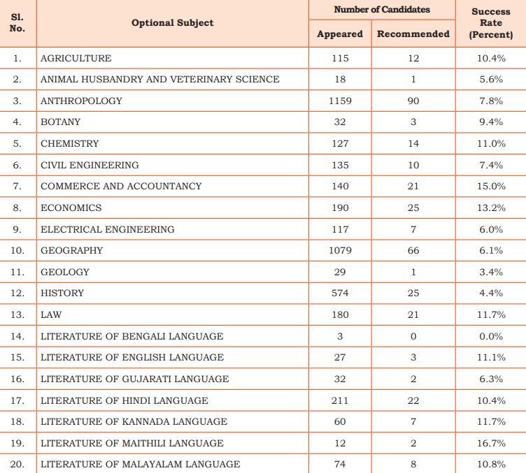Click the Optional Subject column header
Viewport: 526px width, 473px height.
click(173, 23)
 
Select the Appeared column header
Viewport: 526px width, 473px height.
click(340, 34)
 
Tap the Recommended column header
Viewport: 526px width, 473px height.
click(413, 34)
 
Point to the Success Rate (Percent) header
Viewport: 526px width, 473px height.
click(491, 23)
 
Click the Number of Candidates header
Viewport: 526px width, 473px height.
click(382, 9)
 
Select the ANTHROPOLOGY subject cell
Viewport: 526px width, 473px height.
click(81, 101)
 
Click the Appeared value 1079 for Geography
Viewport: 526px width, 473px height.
click(340, 250)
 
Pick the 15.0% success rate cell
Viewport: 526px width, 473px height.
click(491, 186)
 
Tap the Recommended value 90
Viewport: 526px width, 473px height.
click(413, 101)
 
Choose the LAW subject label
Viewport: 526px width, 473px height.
click(51, 314)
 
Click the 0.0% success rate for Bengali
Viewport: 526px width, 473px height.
click(491, 336)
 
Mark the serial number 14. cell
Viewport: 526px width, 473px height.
click(17, 336)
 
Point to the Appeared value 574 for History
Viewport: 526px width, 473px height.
click(340, 293)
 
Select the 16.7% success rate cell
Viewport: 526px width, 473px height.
click(491, 443)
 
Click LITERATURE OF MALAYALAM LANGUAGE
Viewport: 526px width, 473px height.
click(140, 464)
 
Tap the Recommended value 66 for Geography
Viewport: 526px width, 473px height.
click(413, 250)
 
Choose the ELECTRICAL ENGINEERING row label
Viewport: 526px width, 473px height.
click(107, 229)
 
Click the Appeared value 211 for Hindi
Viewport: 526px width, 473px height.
click(340, 400)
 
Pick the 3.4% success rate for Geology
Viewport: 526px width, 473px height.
click(491, 272)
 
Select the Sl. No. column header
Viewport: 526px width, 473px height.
click(17, 23)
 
